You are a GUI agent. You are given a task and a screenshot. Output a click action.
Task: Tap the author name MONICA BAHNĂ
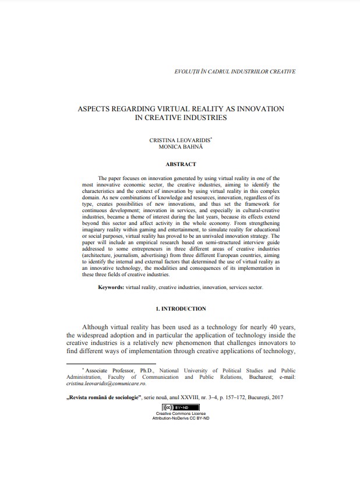click(179, 147)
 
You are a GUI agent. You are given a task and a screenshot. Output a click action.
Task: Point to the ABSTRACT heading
click(181, 164)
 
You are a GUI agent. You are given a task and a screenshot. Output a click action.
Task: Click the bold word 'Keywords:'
click(111, 287)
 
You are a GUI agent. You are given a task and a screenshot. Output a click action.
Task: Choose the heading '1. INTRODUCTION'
click(180, 308)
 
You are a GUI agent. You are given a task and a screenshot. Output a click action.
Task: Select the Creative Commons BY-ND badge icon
click(179, 407)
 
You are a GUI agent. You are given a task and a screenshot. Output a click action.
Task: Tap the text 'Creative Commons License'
click(180, 414)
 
